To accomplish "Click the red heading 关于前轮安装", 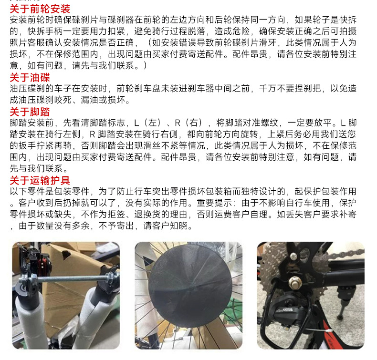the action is click(x=40, y=9).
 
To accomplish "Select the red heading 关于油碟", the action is click(x=30, y=78).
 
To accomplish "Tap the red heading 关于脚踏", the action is click(x=30, y=112).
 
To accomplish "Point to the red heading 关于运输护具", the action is click(x=40, y=180).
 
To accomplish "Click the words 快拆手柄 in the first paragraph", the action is click(x=45, y=31).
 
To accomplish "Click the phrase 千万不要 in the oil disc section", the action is click(x=277, y=89).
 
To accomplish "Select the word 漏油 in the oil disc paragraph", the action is click(x=90, y=100).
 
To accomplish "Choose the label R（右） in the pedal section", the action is click(x=188, y=123).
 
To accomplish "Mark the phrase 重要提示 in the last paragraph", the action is click(x=214, y=203).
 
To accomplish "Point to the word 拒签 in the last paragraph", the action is click(x=116, y=214).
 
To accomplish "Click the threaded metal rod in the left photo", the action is click(x=70, y=279).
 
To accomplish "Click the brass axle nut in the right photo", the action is click(x=295, y=283).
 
